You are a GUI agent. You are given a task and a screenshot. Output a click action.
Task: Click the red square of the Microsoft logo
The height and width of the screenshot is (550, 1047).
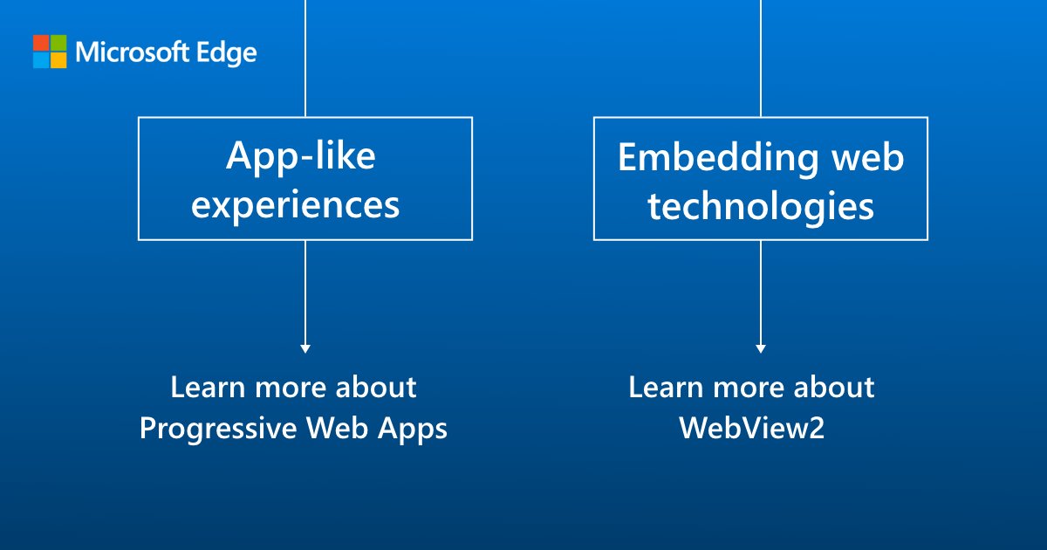coord(41,43)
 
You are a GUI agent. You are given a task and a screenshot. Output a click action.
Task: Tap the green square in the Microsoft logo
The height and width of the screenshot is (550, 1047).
coord(58,43)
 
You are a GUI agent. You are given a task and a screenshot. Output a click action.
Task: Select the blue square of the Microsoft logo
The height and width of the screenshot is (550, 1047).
coord(41,60)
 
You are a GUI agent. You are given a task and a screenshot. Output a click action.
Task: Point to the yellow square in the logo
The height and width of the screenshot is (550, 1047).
coord(58,60)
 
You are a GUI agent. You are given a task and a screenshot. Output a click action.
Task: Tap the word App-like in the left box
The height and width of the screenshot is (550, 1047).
coord(301,156)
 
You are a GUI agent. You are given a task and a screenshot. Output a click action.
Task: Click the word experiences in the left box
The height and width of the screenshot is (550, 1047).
coord(297,204)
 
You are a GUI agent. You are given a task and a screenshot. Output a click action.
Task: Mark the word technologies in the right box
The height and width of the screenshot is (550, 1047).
coord(761,205)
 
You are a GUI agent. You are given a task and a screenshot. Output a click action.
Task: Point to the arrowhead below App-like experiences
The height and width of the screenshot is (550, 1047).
coord(305,348)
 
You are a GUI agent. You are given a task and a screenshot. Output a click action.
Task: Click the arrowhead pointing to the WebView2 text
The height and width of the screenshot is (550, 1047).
coord(761,348)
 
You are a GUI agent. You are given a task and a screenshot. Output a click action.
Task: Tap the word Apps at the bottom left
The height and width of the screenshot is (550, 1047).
coord(414,430)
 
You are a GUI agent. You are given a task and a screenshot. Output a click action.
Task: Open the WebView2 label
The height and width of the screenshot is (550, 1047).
coord(751,429)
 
